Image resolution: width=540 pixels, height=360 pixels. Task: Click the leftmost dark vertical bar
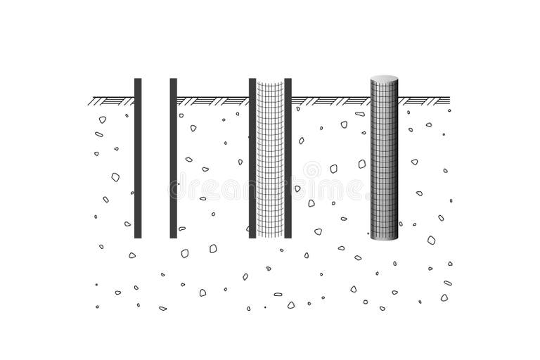[138, 158]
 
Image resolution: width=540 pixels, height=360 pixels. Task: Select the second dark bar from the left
[173, 158]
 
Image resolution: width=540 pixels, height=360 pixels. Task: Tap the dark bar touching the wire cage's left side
[252, 158]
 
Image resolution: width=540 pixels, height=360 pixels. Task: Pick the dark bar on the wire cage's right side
[288, 158]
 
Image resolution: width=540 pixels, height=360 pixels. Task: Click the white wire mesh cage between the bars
[270, 158]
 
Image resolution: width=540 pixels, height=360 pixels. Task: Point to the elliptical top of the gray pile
[384, 78]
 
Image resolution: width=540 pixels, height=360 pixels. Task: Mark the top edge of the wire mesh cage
[270, 82]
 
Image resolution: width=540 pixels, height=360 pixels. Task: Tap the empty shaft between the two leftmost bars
[155, 158]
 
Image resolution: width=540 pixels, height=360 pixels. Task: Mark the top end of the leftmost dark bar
[138, 80]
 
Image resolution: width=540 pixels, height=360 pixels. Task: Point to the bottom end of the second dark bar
[173, 236]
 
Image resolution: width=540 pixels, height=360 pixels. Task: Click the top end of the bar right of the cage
[288, 80]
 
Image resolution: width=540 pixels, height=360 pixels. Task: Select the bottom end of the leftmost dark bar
[138, 236]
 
